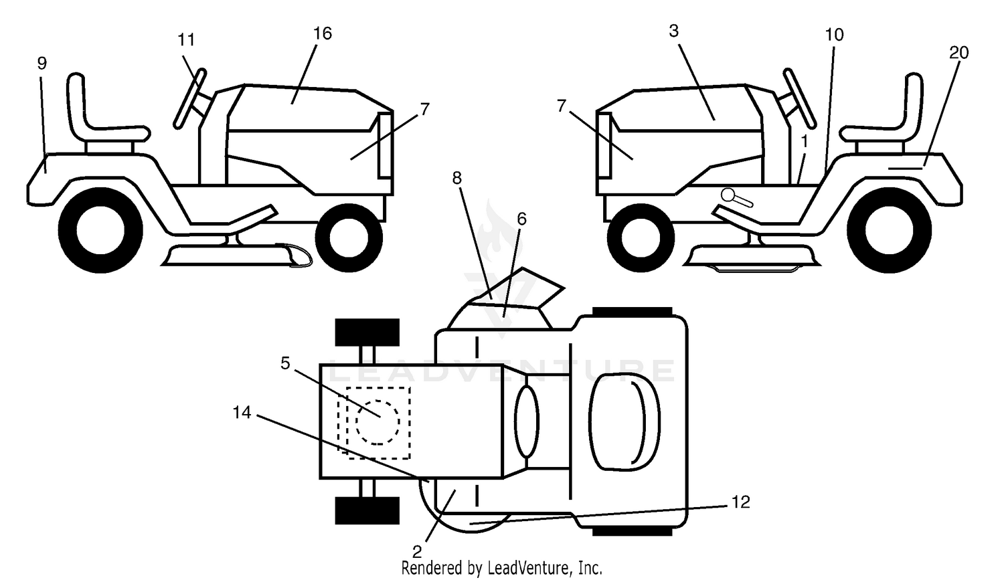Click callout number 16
pyautogui.click(x=322, y=33)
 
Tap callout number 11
pyautogui.click(x=187, y=40)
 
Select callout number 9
pyautogui.click(x=41, y=64)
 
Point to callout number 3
pyautogui.click(x=673, y=31)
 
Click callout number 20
pyautogui.click(x=958, y=53)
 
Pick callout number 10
pyautogui.click(x=834, y=35)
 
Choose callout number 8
pyautogui.click(x=456, y=178)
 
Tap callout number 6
pyautogui.click(x=521, y=219)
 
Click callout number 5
pyautogui.click(x=285, y=363)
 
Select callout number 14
pyautogui.click(x=242, y=413)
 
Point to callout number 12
pyautogui.click(x=740, y=502)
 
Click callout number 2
pyautogui.click(x=417, y=551)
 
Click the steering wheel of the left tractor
pyautogui.click(x=189, y=99)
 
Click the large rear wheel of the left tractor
pyautogui.click(x=100, y=229)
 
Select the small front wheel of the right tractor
pyautogui.click(x=641, y=237)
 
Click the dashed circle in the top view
pyautogui.click(x=378, y=422)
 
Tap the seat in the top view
pyautogui.click(x=624, y=422)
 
